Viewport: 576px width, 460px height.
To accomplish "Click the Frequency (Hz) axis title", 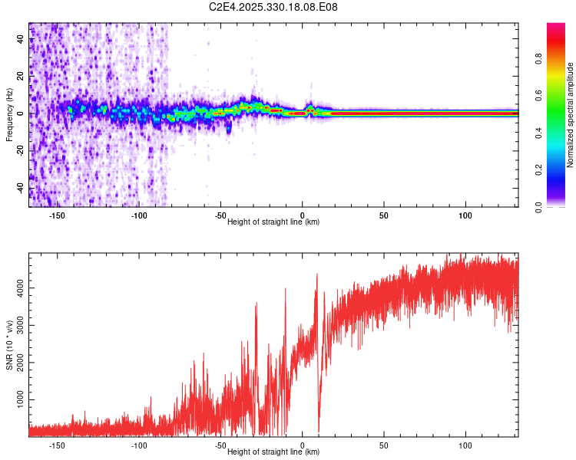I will pyautogui.click(x=9, y=115).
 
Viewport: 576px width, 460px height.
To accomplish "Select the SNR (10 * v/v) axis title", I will pyautogui.click(x=9, y=345).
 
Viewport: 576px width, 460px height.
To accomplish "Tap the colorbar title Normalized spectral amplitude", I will pyautogui.click(x=571, y=115).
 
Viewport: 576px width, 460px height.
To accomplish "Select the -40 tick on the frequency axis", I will pyautogui.click(x=21, y=186).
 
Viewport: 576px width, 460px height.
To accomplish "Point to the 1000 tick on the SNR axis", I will pyautogui.click(x=21, y=399).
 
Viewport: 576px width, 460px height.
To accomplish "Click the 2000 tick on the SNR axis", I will pyautogui.click(x=21, y=362).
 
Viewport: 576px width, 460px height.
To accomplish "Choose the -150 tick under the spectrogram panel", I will pyautogui.click(x=57, y=215).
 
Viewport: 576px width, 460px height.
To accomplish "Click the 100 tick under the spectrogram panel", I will pyautogui.click(x=465, y=215).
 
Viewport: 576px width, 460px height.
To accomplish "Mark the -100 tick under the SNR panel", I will pyautogui.click(x=139, y=445).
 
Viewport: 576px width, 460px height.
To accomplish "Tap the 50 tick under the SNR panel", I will pyautogui.click(x=384, y=445).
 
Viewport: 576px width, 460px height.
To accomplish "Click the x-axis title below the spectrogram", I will pyautogui.click(x=273, y=222).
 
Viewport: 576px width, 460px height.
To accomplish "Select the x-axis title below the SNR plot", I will pyautogui.click(x=273, y=452).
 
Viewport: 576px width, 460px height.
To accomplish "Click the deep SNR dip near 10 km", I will pyautogui.click(x=319, y=429).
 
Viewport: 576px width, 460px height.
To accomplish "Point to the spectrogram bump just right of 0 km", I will pyautogui.click(x=310, y=107).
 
